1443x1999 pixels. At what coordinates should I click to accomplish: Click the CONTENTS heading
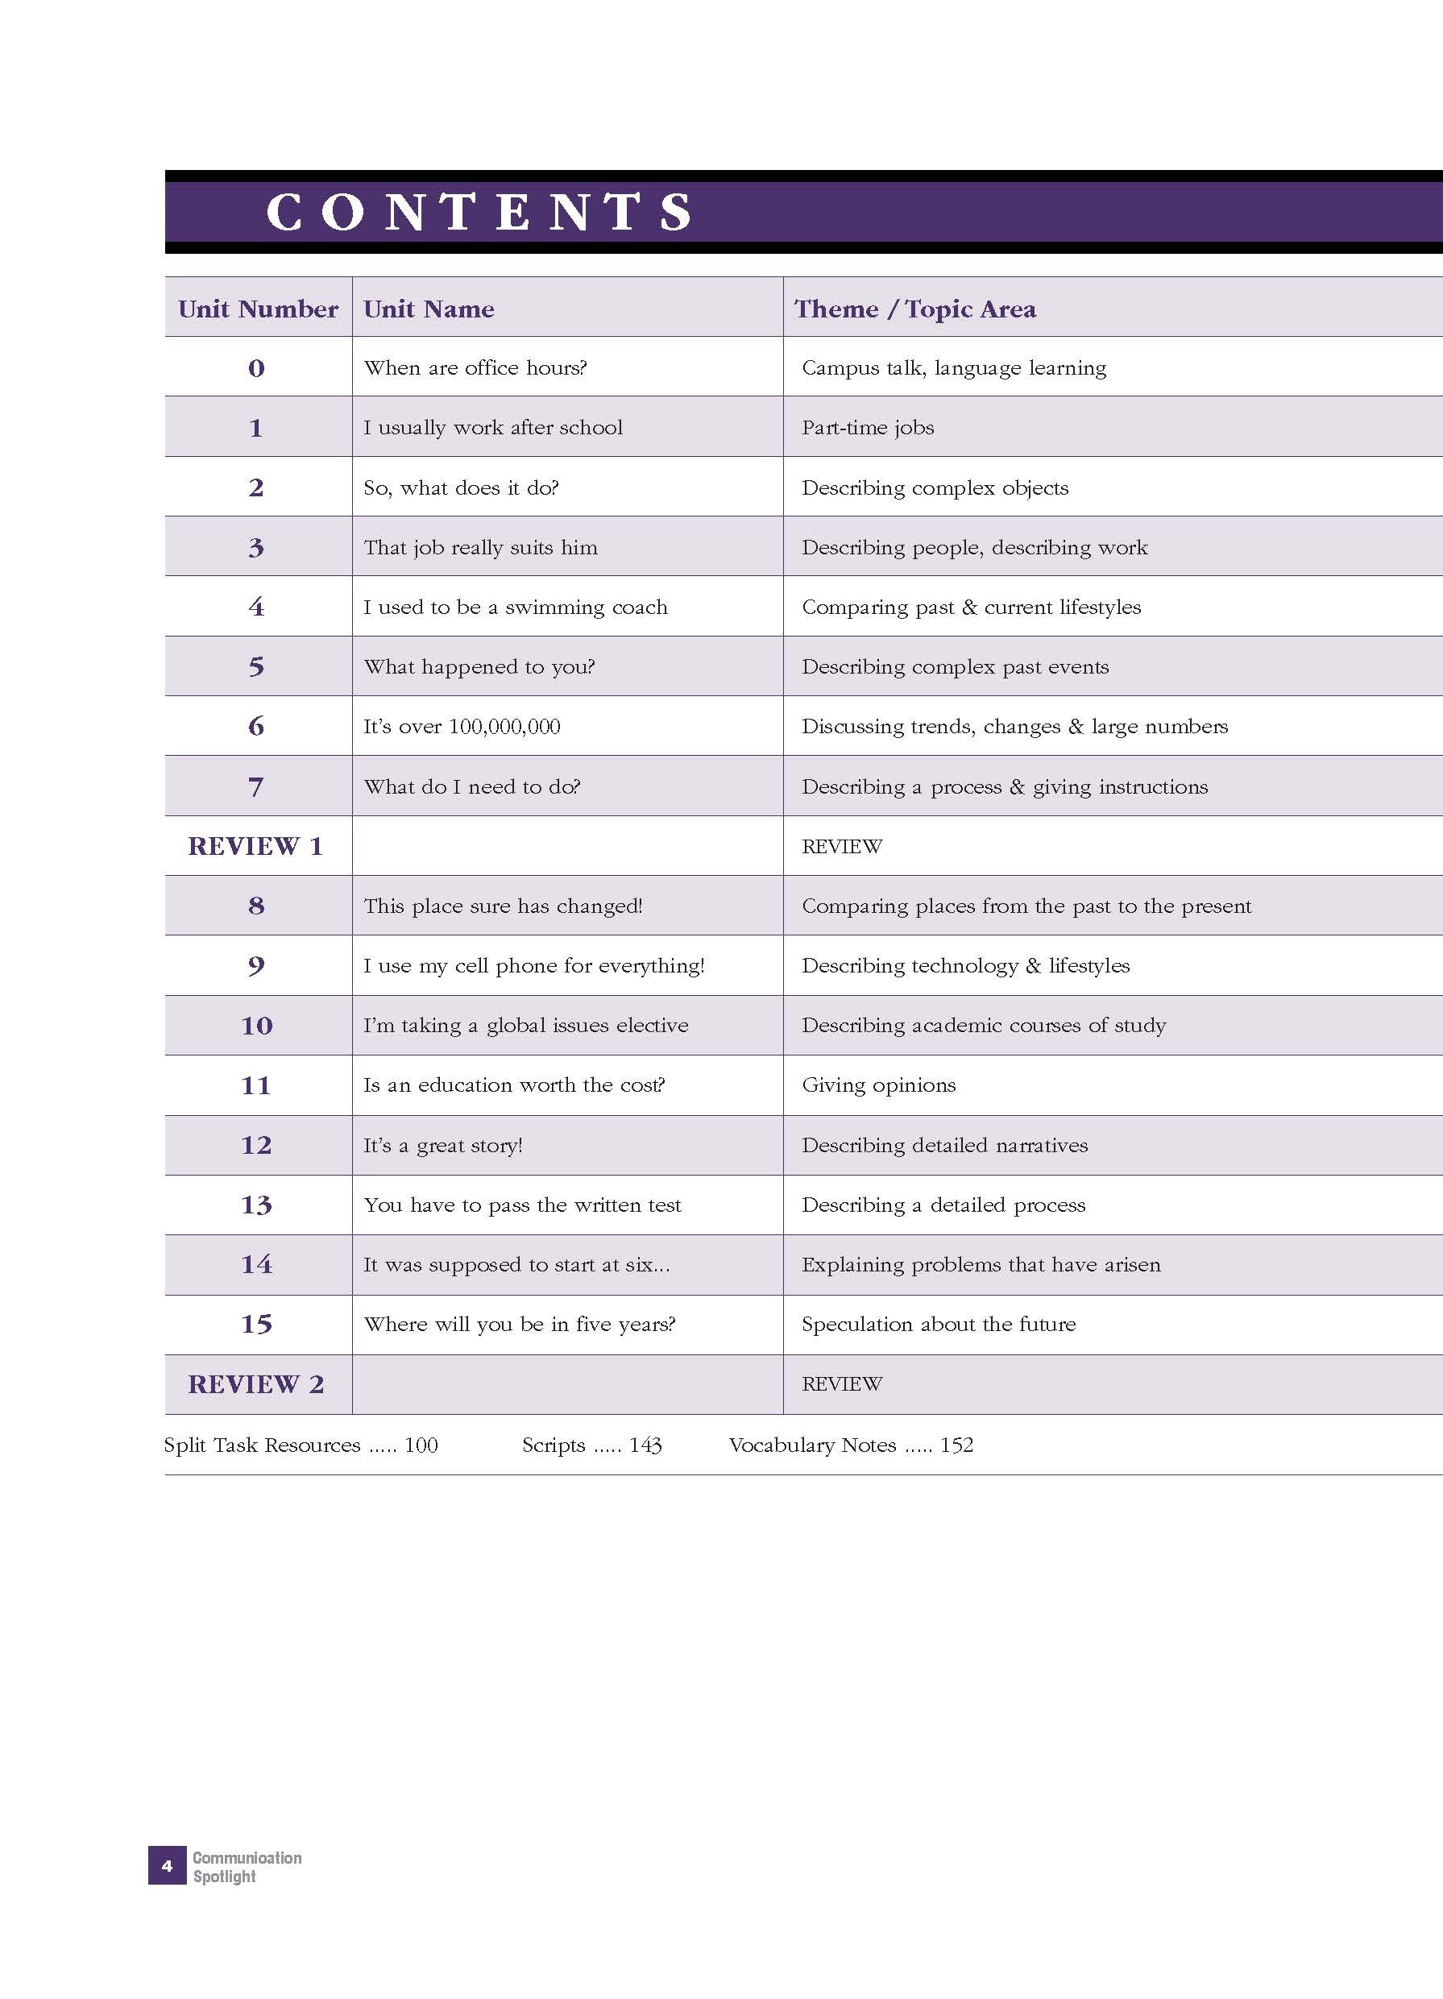coord(479,213)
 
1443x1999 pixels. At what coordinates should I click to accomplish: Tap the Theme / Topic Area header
coord(915,309)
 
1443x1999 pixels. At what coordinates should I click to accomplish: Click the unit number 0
coord(256,368)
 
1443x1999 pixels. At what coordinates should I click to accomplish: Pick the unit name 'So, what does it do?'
coord(461,487)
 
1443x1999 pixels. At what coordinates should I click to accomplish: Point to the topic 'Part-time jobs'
coord(868,428)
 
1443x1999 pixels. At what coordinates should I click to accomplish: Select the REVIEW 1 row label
coord(255,846)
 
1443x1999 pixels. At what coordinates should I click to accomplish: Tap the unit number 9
coord(256,966)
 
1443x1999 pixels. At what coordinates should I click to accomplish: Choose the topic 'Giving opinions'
coord(878,1085)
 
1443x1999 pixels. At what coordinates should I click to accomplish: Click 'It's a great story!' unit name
coord(442,1145)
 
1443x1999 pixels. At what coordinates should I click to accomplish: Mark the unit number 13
coord(256,1205)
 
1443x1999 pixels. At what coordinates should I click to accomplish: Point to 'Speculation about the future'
coord(938,1324)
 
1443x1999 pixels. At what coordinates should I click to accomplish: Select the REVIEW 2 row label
coord(255,1383)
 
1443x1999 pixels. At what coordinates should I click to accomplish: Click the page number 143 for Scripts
coord(645,1445)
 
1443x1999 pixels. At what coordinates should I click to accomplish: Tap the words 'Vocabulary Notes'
coord(812,1445)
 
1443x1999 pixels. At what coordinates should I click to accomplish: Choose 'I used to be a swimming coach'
coord(516,608)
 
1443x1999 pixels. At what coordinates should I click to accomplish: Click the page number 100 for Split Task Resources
coord(421,1445)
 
